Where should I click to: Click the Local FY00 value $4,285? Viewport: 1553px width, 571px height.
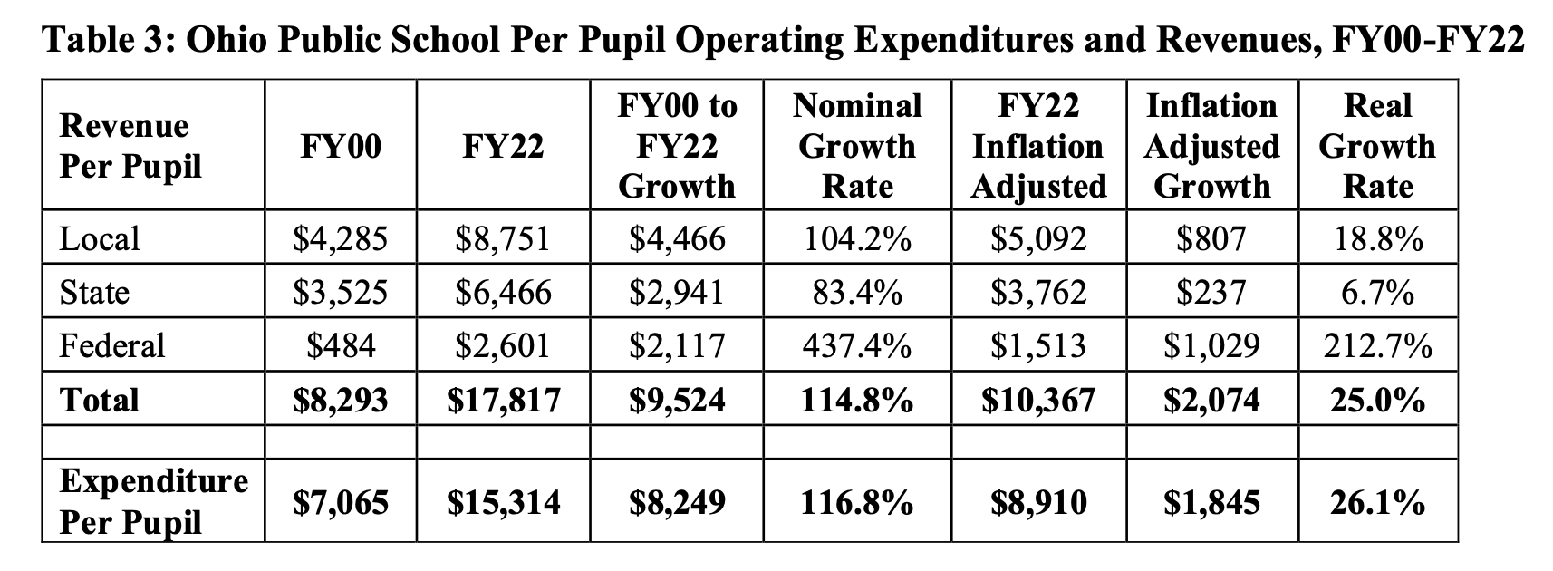point(340,238)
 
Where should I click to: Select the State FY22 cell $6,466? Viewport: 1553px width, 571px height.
point(503,292)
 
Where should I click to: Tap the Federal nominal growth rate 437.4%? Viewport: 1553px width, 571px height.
point(857,345)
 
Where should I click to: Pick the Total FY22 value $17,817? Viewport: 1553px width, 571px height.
point(503,401)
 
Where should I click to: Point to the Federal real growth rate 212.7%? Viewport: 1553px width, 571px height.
point(1377,345)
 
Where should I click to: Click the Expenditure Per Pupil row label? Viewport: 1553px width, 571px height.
point(153,501)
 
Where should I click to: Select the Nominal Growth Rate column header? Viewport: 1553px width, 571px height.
point(857,146)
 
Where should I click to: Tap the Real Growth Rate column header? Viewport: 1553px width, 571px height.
point(1377,146)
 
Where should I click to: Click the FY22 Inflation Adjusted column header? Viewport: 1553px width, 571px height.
point(1038,146)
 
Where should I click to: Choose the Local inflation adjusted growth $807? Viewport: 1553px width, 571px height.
point(1211,238)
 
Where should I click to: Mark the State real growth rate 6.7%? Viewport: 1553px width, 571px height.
point(1377,292)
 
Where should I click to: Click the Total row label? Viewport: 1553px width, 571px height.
point(99,401)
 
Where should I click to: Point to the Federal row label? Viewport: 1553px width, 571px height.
point(111,345)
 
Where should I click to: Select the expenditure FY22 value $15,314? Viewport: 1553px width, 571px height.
point(503,502)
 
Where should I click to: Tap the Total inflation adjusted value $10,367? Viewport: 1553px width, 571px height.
point(1037,401)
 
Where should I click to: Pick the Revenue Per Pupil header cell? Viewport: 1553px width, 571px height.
point(130,146)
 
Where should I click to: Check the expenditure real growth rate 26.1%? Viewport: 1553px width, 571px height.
point(1377,502)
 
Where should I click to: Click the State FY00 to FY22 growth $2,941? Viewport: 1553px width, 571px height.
point(677,292)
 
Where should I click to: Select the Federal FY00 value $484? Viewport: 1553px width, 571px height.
point(341,345)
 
